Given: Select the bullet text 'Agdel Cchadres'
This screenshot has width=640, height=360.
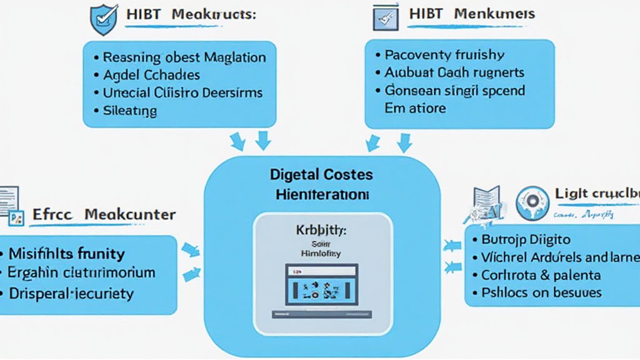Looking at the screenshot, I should pos(151,75).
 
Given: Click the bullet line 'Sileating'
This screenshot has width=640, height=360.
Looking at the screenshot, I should pos(129,111).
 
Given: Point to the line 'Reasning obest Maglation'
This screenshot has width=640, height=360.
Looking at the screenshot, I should pos(184,57).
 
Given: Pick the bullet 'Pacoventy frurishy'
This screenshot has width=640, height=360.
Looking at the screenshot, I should pos(444,54).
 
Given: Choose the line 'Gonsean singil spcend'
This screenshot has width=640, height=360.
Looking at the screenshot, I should pos(454,90).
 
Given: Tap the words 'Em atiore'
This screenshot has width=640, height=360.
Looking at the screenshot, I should pos(415,108).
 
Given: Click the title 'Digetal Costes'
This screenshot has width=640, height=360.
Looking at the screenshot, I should pos(321,174).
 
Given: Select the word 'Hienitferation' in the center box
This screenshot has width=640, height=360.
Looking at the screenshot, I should pos(322,194).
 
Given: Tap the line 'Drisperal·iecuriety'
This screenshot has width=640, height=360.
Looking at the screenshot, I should pos(71,292).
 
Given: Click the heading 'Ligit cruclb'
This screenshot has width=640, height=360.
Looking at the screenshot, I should pos(597,194).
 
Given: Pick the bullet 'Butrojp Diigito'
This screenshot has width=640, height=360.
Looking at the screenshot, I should pos(526,239).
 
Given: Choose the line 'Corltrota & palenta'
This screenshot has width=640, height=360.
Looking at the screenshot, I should pos(541,274).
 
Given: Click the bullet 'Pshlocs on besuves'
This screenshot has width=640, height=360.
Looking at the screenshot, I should pos(541,292).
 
